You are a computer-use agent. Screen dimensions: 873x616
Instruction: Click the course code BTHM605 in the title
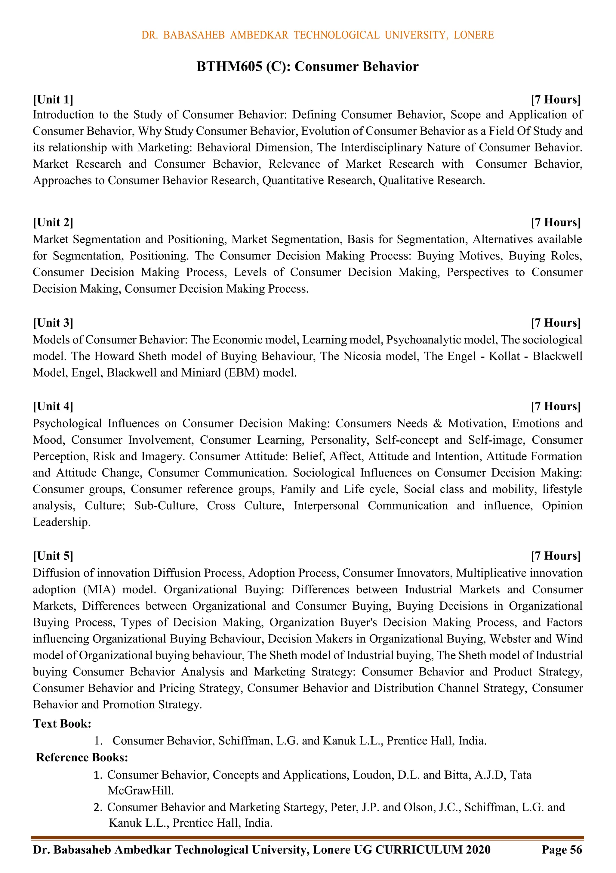(x=229, y=67)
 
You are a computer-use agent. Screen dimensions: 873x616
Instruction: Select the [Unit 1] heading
(x=53, y=100)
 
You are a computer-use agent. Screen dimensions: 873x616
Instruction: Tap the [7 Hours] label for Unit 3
(x=556, y=323)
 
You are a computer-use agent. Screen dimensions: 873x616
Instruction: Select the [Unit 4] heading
(x=53, y=406)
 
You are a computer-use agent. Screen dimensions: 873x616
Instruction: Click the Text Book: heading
(x=62, y=724)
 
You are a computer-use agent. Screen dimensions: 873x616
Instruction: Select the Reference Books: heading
(x=82, y=757)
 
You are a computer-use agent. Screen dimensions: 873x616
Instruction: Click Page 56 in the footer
(x=562, y=850)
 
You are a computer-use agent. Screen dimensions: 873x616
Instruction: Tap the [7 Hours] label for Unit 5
(x=556, y=556)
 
